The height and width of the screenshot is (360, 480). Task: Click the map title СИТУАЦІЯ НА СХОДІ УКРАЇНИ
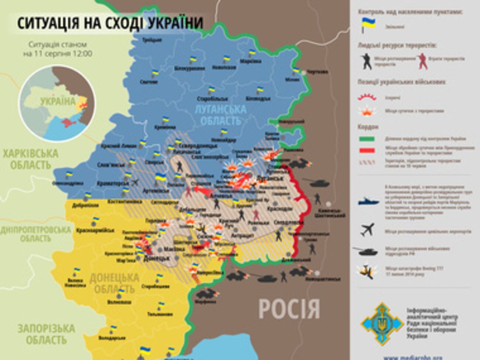110,23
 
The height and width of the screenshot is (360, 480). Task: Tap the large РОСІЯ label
289,309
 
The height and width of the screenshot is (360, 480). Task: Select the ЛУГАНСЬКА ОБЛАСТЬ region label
223,115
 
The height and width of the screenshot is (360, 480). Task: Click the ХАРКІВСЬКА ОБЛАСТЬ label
30,159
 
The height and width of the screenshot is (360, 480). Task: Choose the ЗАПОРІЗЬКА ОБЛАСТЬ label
46,334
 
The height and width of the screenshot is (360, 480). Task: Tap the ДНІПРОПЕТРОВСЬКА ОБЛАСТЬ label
35,234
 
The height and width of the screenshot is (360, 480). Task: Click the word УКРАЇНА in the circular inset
58,101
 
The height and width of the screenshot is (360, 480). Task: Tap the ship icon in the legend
368,201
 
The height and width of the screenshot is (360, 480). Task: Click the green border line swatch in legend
367,139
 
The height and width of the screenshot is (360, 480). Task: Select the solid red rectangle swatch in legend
367,150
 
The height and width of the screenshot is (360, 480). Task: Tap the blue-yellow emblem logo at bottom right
381,324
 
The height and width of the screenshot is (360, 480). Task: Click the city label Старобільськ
212,99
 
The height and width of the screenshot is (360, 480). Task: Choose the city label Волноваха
119,302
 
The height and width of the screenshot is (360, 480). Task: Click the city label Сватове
149,82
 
